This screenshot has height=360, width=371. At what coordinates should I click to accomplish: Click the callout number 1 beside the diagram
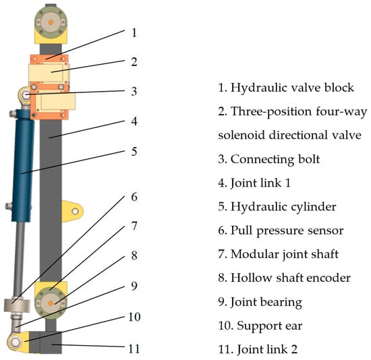[x=134, y=33]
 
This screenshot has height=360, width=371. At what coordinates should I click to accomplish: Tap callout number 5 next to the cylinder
[x=134, y=152]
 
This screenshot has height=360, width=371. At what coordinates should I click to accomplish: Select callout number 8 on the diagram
[x=134, y=256]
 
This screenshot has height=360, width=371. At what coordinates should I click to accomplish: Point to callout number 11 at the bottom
[x=134, y=349]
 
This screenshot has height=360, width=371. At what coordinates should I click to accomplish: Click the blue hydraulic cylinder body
[x=23, y=166]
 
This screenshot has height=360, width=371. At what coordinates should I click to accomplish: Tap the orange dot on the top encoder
[x=51, y=22]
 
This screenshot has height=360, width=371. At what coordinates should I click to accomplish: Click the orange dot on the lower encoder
[x=51, y=303]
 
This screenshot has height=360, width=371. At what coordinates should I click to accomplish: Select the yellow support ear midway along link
[x=72, y=211]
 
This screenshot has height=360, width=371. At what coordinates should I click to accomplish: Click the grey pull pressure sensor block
[x=17, y=305]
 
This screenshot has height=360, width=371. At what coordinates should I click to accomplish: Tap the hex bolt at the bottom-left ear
[x=16, y=342]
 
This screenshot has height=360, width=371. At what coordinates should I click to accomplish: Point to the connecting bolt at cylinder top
[x=25, y=95]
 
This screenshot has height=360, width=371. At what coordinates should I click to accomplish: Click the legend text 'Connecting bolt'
[x=275, y=159]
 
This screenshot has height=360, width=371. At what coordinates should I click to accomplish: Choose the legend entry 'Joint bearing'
[x=266, y=302]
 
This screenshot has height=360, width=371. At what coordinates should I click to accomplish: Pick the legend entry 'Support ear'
[x=270, y=326]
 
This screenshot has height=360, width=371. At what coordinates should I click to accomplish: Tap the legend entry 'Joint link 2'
[x=267, y=349]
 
